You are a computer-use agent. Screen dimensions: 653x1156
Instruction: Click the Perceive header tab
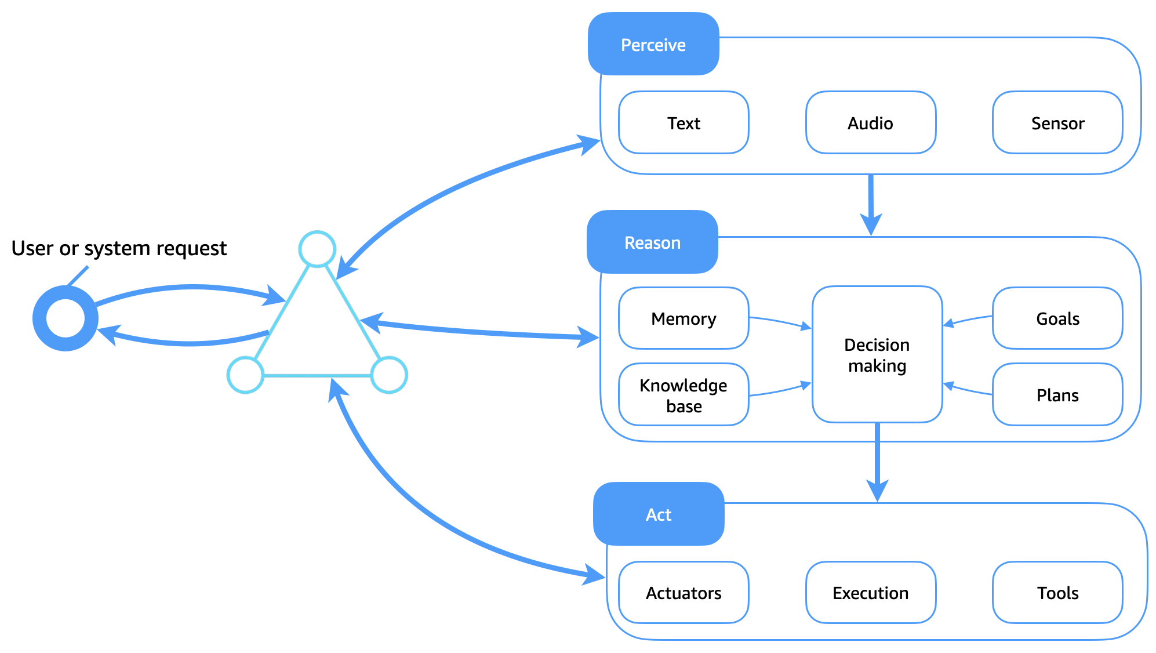653,45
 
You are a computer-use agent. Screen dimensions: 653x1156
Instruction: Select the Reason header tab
652,242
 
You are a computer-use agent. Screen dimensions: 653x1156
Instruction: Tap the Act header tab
658,514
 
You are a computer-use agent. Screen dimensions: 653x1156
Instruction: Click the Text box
683,123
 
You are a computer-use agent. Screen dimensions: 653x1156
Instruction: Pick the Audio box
870,123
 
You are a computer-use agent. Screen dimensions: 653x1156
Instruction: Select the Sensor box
1057,123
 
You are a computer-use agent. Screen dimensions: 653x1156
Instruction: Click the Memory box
683,318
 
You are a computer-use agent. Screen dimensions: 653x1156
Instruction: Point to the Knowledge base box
683,395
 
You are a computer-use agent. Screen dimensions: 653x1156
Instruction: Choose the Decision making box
877,355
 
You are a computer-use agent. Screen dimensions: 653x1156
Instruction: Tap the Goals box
1057,318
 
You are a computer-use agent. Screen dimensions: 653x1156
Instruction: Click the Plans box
1057,395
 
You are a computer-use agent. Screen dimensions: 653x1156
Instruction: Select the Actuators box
683,593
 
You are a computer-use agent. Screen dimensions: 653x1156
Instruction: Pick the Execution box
870,593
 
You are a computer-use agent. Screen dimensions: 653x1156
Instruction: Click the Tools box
1057,593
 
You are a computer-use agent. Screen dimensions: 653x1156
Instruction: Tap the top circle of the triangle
317,249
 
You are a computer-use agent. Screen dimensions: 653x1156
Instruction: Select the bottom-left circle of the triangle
245,375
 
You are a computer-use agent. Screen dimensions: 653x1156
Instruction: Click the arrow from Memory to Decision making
780,321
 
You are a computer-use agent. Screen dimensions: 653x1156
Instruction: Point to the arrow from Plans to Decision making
967,389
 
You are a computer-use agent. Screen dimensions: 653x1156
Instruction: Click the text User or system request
119,248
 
